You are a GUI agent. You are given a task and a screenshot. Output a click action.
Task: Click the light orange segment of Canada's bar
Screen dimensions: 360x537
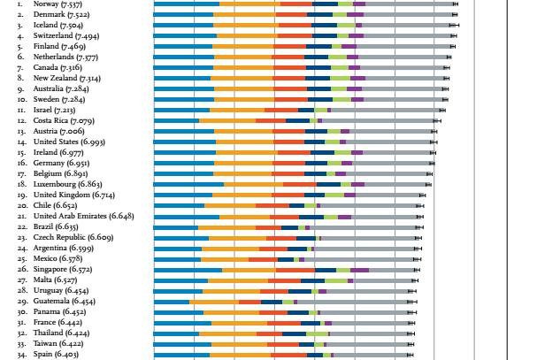point(242,67)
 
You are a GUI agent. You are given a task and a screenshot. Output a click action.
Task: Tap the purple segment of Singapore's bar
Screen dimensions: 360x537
point(360,269)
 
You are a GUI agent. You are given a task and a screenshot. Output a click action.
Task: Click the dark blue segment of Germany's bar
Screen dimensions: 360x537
point(316,163)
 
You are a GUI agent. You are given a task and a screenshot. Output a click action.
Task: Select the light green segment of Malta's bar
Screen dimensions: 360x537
point(336,280)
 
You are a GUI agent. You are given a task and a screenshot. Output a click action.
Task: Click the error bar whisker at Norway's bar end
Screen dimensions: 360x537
point(455,4)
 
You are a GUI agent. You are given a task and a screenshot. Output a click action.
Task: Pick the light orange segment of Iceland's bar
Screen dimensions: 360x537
point(244,25)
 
